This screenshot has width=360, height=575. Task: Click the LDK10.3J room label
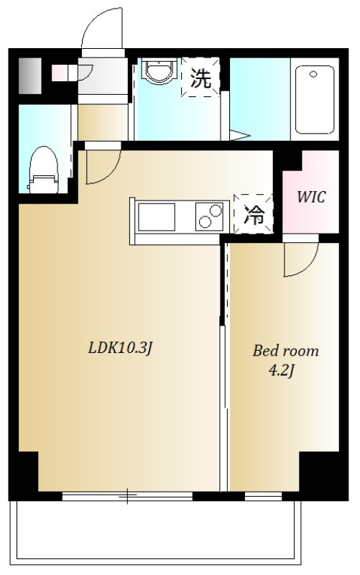point(121,349)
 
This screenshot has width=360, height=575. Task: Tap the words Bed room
point(285,351)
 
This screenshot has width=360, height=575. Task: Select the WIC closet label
point(310,197)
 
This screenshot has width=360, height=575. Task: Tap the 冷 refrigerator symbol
point(254,215)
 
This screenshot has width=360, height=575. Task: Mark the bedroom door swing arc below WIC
point(300,260)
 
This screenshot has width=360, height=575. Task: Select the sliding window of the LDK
point(127,495)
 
